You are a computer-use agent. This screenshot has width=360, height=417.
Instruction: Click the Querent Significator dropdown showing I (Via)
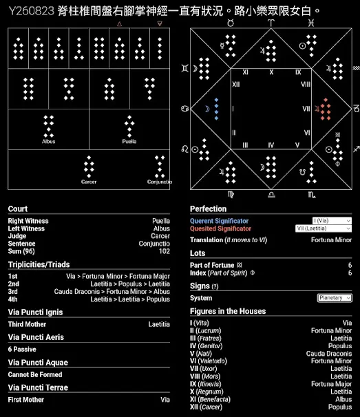pos(332,221)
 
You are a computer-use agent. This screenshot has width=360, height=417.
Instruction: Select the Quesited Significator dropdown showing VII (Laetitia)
pos(324,228)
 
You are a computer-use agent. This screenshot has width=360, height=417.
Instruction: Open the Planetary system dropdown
pos(335,298)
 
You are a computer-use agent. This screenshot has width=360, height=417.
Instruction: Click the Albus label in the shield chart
pos(48,142)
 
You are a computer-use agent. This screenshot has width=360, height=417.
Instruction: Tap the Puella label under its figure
pos(129,142)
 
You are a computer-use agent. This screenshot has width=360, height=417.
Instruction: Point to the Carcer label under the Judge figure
pos(89,182)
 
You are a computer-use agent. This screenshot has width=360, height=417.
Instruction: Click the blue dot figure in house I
pos(216,109)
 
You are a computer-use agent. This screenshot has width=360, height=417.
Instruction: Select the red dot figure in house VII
pos(326,109)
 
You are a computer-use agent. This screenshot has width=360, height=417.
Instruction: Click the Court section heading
pos(18,208)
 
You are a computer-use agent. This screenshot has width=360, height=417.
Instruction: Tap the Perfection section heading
pos(209,208)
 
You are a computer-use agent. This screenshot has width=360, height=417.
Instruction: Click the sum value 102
pos(165,251)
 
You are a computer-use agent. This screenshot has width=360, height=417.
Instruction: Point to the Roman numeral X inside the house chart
pos(271,72)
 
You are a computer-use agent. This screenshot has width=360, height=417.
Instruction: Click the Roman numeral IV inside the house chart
pos(271,145)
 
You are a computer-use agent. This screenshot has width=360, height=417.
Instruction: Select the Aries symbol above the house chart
pos(271,23)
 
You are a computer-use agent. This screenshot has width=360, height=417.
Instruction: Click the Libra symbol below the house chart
pos(271,195)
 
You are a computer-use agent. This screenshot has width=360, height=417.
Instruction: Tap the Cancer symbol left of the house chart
pos(185,109)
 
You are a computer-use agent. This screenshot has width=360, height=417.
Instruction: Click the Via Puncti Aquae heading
pos(38,363)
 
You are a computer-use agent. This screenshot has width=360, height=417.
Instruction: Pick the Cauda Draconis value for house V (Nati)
pos(329,354)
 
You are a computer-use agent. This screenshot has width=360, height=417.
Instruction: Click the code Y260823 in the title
pos(32,11)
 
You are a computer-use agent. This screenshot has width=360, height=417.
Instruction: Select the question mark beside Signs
pos(215,286)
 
